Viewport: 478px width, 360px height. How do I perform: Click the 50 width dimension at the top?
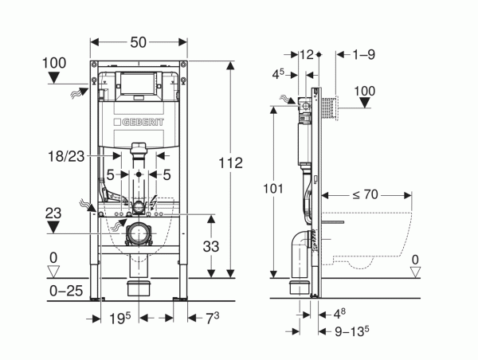point(139,42)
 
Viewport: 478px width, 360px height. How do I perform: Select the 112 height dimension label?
point(231,163)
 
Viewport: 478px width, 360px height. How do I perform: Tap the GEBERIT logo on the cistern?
point(139,122)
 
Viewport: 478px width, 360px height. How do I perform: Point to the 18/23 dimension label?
point(66,156)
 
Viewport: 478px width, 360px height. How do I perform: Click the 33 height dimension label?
point(211,246)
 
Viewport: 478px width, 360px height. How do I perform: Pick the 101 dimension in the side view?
point(273,189)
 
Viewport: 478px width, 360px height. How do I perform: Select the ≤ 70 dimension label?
point(365,194)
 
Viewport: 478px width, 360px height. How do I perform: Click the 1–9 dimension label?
point(364,55)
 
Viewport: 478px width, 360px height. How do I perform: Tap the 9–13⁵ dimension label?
point(352,331)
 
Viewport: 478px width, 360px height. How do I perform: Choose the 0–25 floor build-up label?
point(66,291)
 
